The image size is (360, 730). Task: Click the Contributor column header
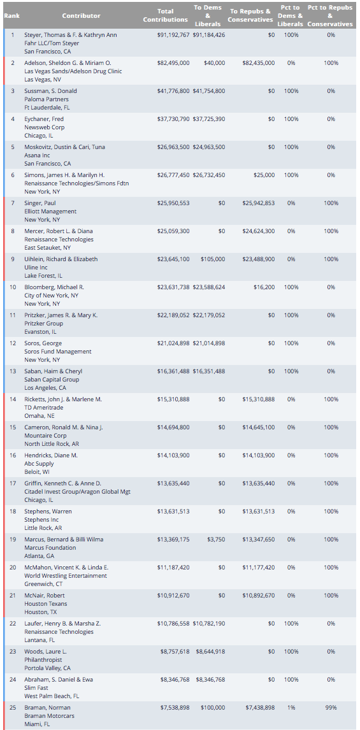pyautogui.click(x=81, y=15)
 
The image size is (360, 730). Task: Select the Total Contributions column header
pyautogui.click(x=165, y=15)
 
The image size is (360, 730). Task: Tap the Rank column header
pyautogui.click(x=11, y=15)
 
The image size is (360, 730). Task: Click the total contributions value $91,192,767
pyautogui.click(x=173, y=35)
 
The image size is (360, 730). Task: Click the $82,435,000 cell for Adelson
pyautogui.click(x=259, y=63)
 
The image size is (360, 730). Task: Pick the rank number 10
pyautogui.click(x=13, y=287)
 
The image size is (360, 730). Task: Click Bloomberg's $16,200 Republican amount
pyautogui.click(x=264, y=287)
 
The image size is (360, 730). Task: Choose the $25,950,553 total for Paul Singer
pyautogui.click(x=173, y=203)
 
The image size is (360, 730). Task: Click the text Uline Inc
pyautogui.click(x=36, y=268)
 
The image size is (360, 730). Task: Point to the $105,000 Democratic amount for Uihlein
pyautogui.click(x=213, y=259)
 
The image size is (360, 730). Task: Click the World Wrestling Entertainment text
pyautogui.click(x=66, y=576)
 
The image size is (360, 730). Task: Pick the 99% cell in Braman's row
pyautogui.click(x=331, y=708)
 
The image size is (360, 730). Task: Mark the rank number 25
pyautogui.click(x=13, y=708)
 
